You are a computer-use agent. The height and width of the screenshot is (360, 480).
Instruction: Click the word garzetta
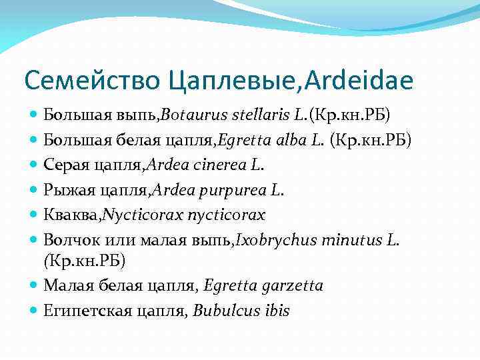point(291,286)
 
